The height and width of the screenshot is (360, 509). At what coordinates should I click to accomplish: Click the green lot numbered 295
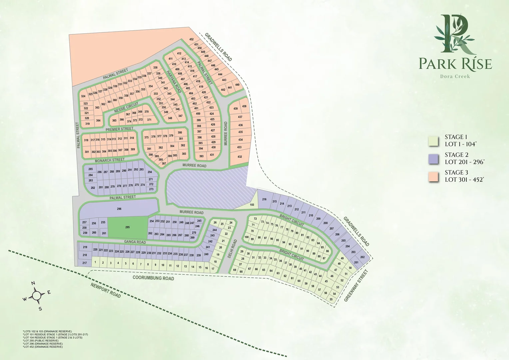click(x=128, y=227)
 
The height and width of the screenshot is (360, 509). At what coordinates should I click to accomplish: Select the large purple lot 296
click(x=119, y=209)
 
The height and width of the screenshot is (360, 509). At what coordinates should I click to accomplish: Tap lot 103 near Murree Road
click(x=252, y=205)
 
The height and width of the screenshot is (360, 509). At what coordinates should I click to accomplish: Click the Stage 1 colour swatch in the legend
click(x=433, y=141)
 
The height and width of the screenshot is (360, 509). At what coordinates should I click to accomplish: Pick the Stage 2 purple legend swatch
click(x=433, y=159)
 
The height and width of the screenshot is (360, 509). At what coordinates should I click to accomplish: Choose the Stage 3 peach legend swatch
click(x=433, y=177)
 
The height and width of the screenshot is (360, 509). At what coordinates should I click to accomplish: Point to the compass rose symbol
click(x=37, y=295)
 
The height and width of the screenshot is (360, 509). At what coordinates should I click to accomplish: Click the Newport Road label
click(x=106, y=290)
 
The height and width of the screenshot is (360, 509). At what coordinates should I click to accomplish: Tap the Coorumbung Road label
click(x=153, y=278)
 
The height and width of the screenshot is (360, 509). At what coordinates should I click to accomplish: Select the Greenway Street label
click(x=356, y=286)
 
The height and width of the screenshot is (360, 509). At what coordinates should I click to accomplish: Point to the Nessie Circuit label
click(x=126, y=107)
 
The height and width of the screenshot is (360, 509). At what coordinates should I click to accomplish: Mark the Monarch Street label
click(x=110, y=160)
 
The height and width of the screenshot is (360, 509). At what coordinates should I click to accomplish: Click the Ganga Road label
click(x=135, y=242)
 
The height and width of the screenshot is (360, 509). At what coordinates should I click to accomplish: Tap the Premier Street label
click(x=119, y=129)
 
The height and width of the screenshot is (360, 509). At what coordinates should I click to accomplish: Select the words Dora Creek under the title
click(x=455, y=76)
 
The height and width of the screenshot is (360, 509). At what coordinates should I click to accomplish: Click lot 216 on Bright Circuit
click(x=264, y=199)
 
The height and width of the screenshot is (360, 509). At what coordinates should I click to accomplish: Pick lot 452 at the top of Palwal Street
click(x=192, y=39)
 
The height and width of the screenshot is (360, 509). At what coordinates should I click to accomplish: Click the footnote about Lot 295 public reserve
click(x=41, y=341)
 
